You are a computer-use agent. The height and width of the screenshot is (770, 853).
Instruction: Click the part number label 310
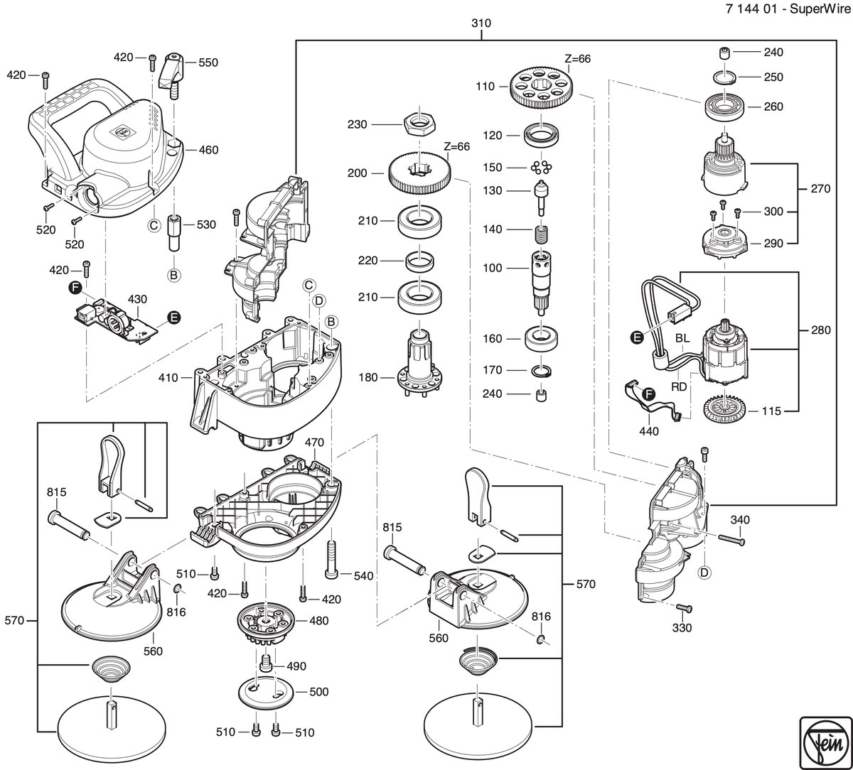(x=481, y=23)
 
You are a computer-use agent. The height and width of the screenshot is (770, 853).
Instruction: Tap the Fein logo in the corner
(x=826, y=743)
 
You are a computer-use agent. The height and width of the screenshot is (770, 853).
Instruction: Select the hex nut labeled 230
(x=419, y=124)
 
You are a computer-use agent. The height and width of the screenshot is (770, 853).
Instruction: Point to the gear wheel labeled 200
(x=419, y=173)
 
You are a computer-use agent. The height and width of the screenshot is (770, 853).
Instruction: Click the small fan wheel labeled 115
(x=722, y=410)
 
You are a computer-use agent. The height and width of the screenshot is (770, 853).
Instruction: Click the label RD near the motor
(x=679, y=386)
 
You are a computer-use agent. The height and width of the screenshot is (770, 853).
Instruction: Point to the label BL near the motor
(x=682, y=338)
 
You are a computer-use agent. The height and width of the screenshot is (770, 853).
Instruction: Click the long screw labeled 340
(x=732, y=539)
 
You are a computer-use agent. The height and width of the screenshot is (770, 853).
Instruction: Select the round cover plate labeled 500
(x=266, y=693)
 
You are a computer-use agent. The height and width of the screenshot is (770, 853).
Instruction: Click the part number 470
(x=314, y=442)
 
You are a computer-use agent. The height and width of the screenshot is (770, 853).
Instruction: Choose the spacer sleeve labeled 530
(x=173, y=233)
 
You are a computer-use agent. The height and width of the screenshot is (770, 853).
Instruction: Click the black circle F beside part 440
(x=648, y=395)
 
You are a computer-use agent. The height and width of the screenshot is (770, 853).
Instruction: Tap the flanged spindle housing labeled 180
(x=421, y=363)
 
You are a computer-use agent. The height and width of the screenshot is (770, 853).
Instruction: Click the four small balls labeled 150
(x=542, y=167)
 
